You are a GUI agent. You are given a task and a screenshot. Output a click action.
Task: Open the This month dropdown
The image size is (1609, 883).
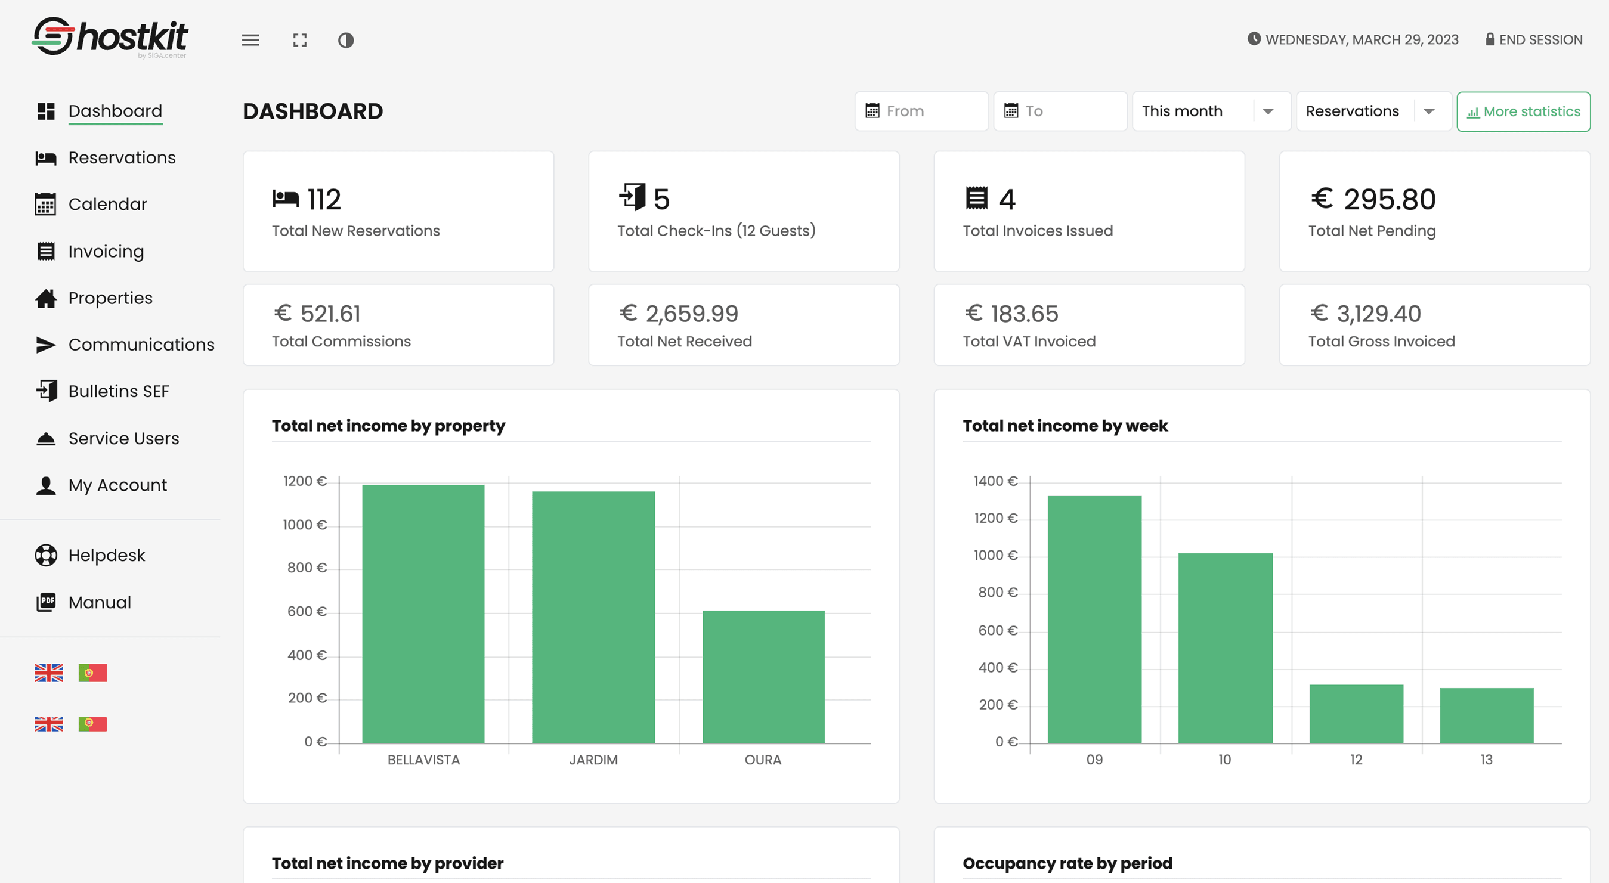pyautogui.click(x=1211, y=111)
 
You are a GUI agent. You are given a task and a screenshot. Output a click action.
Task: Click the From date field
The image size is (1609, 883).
pyautogui.click(x=921, y=111)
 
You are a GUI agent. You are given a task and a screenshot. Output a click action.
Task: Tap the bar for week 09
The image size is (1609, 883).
pyautogui.click(x=1094, y=619)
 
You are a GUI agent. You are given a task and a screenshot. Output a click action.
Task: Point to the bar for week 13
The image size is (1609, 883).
pyautogui.click(x=1486, y=715)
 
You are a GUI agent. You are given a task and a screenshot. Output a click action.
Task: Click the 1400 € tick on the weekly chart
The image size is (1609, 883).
pyautogui.click(x=995, y=481)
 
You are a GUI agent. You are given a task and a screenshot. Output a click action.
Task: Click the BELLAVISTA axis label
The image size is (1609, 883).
pyautogui.click(x=423, y=760)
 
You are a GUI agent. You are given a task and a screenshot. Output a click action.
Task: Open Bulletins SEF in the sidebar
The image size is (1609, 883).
pyautogui.click(x=118, y=392)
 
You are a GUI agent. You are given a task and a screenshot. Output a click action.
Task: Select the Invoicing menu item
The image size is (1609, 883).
pyautogui.click(x=106, y=251)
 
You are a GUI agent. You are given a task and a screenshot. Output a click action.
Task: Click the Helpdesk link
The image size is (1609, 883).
pyautogui.click(x=106, y=555)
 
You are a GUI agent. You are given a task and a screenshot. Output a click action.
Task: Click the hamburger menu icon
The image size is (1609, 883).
pyautogui.click(x=250, y=40)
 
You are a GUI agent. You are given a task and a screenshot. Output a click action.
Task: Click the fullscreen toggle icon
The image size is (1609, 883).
pyautogui.click(x=300, y=40)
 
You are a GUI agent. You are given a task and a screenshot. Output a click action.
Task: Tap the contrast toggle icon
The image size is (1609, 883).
pyautogui.click(x=346, y=40)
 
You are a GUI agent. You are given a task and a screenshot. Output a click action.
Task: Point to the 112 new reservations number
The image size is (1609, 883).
pyautogui.click(x=324, y=200)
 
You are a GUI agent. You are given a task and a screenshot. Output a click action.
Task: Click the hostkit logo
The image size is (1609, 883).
pyautogui.click(x=110, y=37)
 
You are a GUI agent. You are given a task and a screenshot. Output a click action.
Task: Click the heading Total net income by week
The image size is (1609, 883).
pyautogui.click(x=1065, y=426)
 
